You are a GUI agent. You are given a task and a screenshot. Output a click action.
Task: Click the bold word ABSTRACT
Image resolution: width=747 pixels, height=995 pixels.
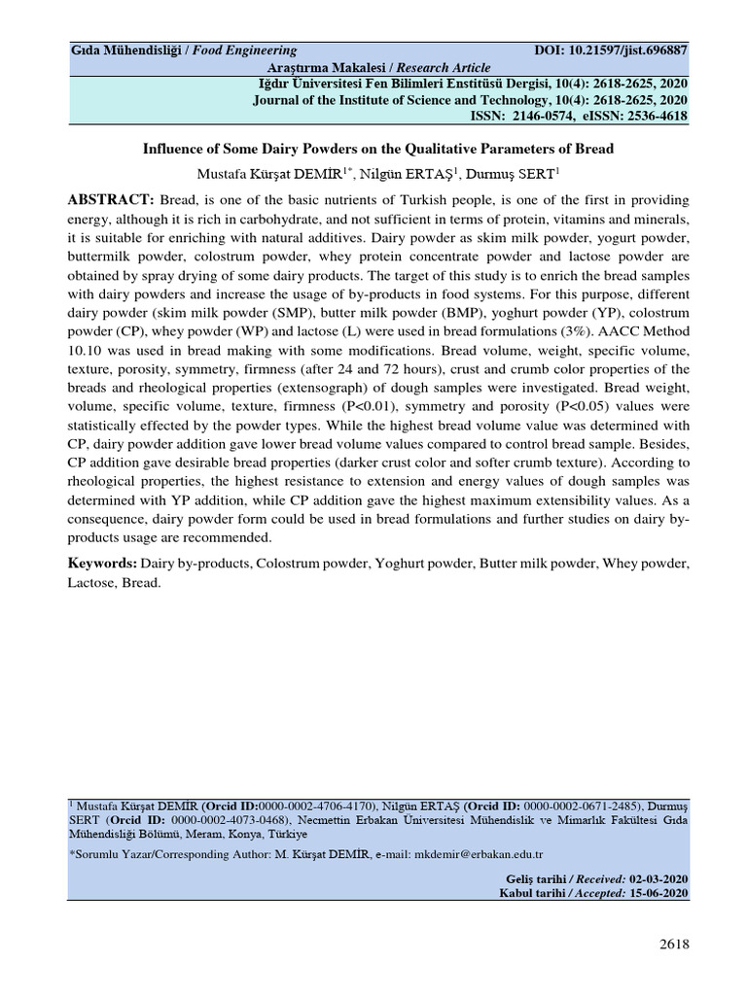(x=110, y=199)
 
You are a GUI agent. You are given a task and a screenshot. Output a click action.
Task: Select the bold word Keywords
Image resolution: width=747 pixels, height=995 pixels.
(x=102, y=564)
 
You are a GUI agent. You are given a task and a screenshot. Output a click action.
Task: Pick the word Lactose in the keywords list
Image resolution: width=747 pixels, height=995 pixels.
(x=91, y=583)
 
